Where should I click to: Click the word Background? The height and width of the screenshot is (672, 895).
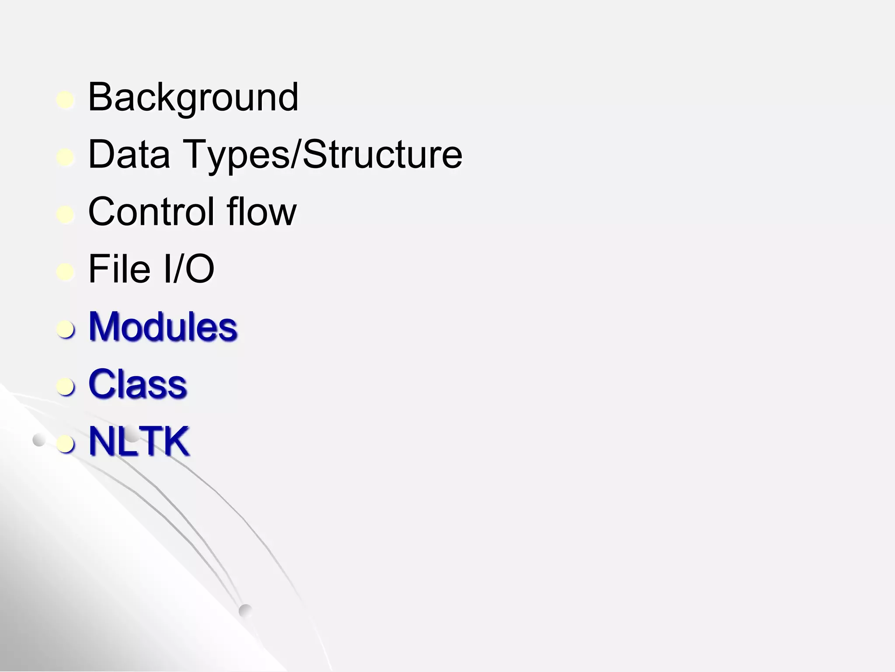click(x=193, y=98)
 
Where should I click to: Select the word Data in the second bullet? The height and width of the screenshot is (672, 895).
click(x=129, y=154)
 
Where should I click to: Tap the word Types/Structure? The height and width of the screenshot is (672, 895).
click(x=323, y=155)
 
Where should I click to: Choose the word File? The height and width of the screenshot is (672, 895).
click(x=119, y=269)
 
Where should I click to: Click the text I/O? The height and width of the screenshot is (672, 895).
click(x=188, y=269)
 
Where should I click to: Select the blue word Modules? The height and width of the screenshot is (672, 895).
click(x=163, y=326)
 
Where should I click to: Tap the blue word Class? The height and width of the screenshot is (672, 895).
click(x=138, y=384)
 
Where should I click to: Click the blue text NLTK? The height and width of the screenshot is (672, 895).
click(x=139, y=441)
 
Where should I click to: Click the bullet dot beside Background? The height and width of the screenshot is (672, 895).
click(x=66, y=100)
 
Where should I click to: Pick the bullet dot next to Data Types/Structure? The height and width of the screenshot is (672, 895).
click(x=66, y=157)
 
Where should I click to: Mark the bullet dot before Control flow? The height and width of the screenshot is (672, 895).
click(x=66, y=215)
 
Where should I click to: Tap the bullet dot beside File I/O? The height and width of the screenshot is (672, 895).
click(x=66, y=272)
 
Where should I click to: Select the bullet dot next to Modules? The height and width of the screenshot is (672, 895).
click(x=66, y=329)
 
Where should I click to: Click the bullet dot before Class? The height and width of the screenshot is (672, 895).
click(x=66, y=387)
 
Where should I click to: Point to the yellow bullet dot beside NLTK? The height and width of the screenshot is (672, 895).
click(x=66, y=444)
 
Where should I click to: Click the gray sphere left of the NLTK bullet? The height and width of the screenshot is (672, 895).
click(x=39, y=440)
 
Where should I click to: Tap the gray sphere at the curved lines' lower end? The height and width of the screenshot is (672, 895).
click(x=246, y=611)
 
